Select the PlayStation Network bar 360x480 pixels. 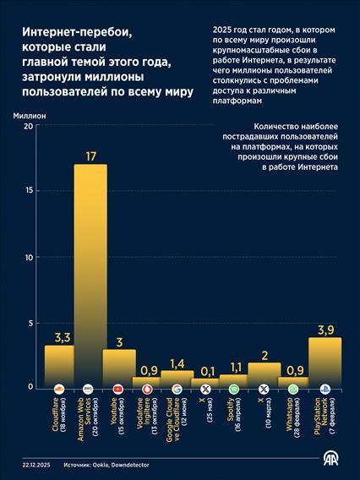pyautogui.click(x=325, y=362)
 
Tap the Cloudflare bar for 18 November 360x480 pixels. pyautogui.click(x=59, y=365)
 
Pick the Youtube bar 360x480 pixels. pyautogui.click(x=119, y=368)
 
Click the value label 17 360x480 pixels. pyautogui.click(x=90, y=155)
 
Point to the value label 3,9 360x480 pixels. pyautogui.click(x=325, y=329)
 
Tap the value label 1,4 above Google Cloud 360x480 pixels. pyautogui.click(x=177, y=363)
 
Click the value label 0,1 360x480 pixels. pyautogui.click(x=207, y=369)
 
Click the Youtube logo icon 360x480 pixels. pyautogui.click(x=119, y=388)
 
